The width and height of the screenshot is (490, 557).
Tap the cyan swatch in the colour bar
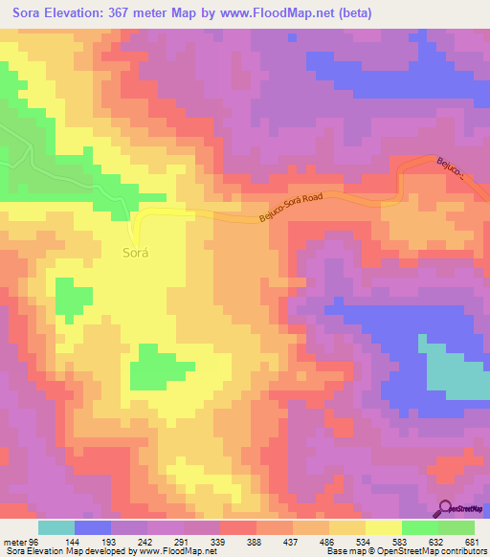[56, 527]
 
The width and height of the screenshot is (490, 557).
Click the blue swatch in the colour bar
[93, 527]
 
